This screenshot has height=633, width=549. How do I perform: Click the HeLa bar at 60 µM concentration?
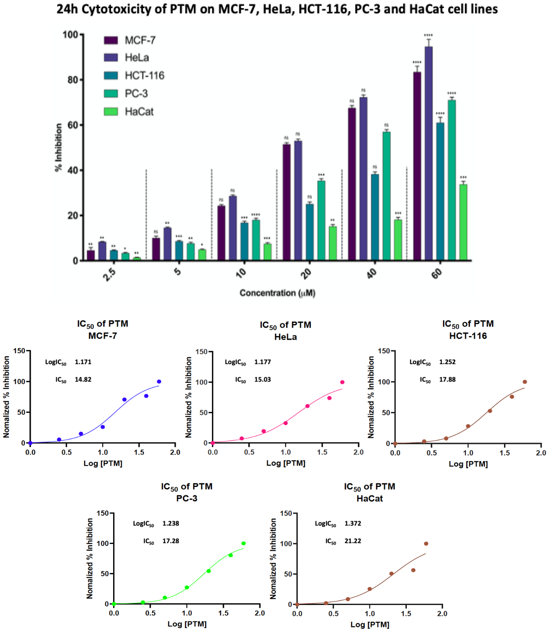(429, 153)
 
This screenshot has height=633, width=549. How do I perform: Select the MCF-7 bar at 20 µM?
(286, 202)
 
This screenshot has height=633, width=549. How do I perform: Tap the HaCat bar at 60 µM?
(463, 222)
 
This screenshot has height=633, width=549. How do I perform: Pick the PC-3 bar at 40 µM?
(386, 196)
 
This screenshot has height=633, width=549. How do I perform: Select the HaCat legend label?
(139, 112)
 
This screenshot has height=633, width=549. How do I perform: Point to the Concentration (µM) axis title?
(277, 293)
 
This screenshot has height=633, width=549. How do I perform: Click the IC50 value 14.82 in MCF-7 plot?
(83, 380)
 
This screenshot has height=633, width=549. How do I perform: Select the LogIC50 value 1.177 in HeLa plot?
(263, 362)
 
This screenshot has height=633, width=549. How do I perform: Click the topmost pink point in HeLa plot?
(342, 382)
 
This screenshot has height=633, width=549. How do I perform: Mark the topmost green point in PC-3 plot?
(243, 543)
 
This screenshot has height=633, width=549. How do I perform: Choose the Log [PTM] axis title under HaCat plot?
(370, 625)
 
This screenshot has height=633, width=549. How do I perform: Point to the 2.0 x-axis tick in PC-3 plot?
(260, 613)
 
